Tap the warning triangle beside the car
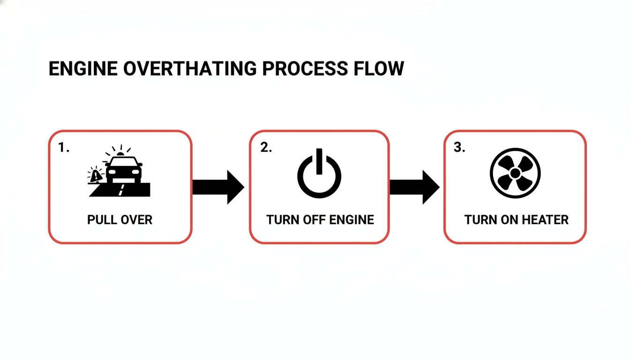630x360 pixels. [96, 176]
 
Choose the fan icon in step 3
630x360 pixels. [515, 172]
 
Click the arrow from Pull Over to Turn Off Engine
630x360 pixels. [218, 187]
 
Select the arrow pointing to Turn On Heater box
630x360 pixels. [414, 187]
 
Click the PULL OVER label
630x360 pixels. [120, 219]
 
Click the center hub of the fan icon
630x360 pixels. [515, 173]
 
